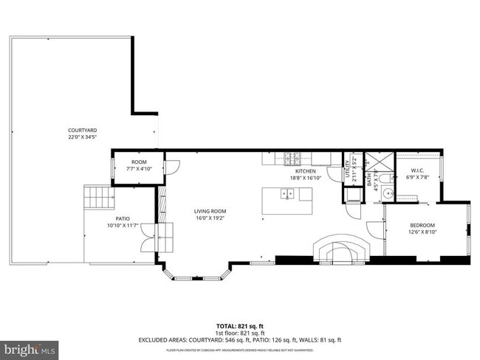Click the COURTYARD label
pos(83,131)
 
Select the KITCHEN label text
pos(306,171)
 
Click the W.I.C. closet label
pos(417,171)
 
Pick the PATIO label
pos(117,218)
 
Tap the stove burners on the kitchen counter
pos(292,157)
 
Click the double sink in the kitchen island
pos(287,194)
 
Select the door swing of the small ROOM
pos(171,167)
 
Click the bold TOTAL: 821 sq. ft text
pos(240,325)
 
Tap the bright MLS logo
pos(30,347)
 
